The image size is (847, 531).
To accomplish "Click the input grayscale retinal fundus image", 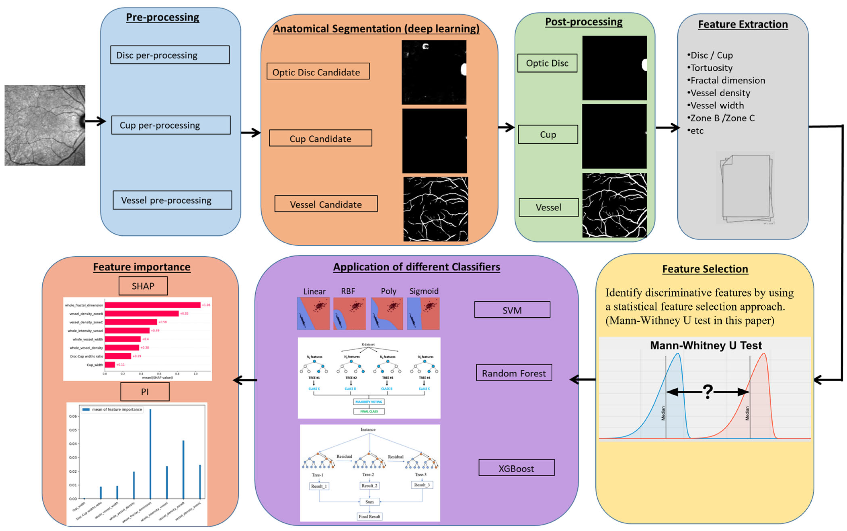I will tap(45, 125).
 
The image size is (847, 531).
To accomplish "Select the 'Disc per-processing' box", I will tap(170, 55).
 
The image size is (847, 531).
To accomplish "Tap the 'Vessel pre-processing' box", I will tap(172, 200).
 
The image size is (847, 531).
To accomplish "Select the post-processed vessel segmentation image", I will tap(614, 205).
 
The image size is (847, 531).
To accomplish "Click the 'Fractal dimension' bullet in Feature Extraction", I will tap(727, 80).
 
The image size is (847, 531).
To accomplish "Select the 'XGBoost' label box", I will tap(516, 468).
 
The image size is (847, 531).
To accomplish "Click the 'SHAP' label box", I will tap(143, 286).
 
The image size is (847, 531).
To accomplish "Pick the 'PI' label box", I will tap(144, 392).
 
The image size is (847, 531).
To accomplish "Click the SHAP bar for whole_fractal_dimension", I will tap(152, 305).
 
